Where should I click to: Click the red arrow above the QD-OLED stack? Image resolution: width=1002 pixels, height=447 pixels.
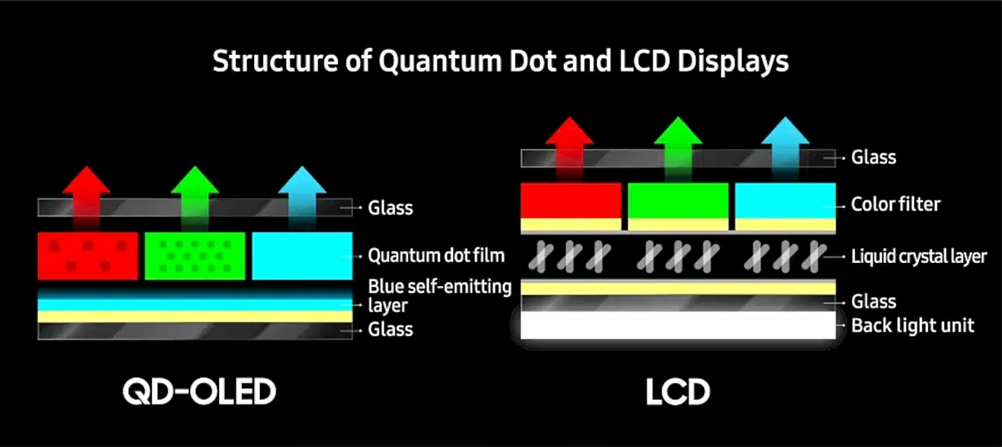point(86,197)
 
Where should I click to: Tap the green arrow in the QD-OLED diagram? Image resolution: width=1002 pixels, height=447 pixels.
point(195,197)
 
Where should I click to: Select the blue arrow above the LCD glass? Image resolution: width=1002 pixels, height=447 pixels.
point(785,148)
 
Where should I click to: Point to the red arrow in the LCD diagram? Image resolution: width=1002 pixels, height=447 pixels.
point(569,148)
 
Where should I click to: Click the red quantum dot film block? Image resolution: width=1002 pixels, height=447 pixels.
point(88,256)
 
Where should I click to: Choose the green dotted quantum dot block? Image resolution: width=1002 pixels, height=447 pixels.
point(195,256)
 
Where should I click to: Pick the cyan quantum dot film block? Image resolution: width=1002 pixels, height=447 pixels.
point(302,256)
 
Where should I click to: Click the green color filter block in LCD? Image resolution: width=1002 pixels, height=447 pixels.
point(678,200)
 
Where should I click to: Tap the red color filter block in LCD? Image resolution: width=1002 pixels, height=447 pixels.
point(571,200)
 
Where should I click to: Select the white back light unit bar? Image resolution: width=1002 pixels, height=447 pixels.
point(678,326)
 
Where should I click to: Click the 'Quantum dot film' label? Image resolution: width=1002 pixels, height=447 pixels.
point(436,256)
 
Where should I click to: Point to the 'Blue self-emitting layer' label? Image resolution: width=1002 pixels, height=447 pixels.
point(440,297)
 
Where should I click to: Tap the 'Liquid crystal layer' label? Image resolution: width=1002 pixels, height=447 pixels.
point(919,257)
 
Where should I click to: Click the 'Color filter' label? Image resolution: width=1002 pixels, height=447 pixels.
point(895,204)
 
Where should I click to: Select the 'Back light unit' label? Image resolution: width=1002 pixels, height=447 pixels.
point(913,326)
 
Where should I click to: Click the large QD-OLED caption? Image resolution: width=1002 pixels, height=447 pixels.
point(200,391)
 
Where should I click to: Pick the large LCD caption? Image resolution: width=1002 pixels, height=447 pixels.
point(678,392)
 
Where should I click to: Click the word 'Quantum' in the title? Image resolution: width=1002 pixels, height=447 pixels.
point(440,62)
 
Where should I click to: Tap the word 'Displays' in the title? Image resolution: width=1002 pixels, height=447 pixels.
point(733,62)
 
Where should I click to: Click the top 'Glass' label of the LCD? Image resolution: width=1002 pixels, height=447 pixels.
point(874,157)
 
